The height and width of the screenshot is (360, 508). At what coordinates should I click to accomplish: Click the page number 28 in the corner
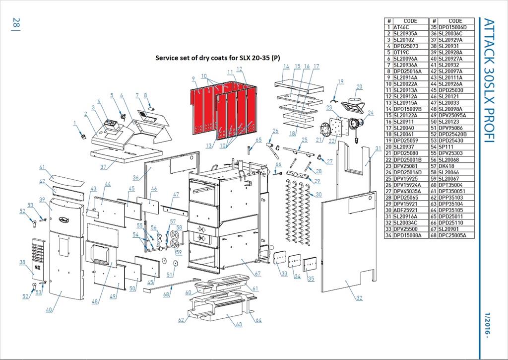pyautogui.click(x=16, y=23)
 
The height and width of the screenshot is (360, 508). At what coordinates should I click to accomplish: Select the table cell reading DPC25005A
pyautogui.click(x=452, y=235)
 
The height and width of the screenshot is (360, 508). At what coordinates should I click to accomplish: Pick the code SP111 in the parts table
pyautogui.click(x=444, y=147)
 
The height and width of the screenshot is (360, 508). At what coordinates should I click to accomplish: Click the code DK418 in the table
pyautogui.click(x=444, y=166)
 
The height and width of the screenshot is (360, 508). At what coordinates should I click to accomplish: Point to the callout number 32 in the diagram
pyautogui.click(x=359, y=298)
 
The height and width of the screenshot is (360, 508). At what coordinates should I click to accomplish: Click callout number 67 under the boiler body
pyautogui.click(x=257, y=274)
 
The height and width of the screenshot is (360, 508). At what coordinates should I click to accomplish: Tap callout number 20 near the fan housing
pyautogui.click(x=359, y=87)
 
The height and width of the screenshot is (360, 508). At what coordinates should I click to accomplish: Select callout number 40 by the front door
pyautogui.click(x=49, y=310)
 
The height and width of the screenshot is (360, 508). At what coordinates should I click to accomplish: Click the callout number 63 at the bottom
pyautogui.click(x=239, y=325)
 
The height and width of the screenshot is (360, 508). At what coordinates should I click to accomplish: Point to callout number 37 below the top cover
pyautogui.click(x=103, y=167)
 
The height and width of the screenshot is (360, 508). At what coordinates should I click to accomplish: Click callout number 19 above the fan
pyautogui.click(x=340, y=81)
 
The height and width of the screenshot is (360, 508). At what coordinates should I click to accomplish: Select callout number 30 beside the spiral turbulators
pyautogui.click(x=318, y=194)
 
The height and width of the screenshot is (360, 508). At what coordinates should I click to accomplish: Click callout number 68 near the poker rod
pyautogui.click(x=166, y=294)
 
